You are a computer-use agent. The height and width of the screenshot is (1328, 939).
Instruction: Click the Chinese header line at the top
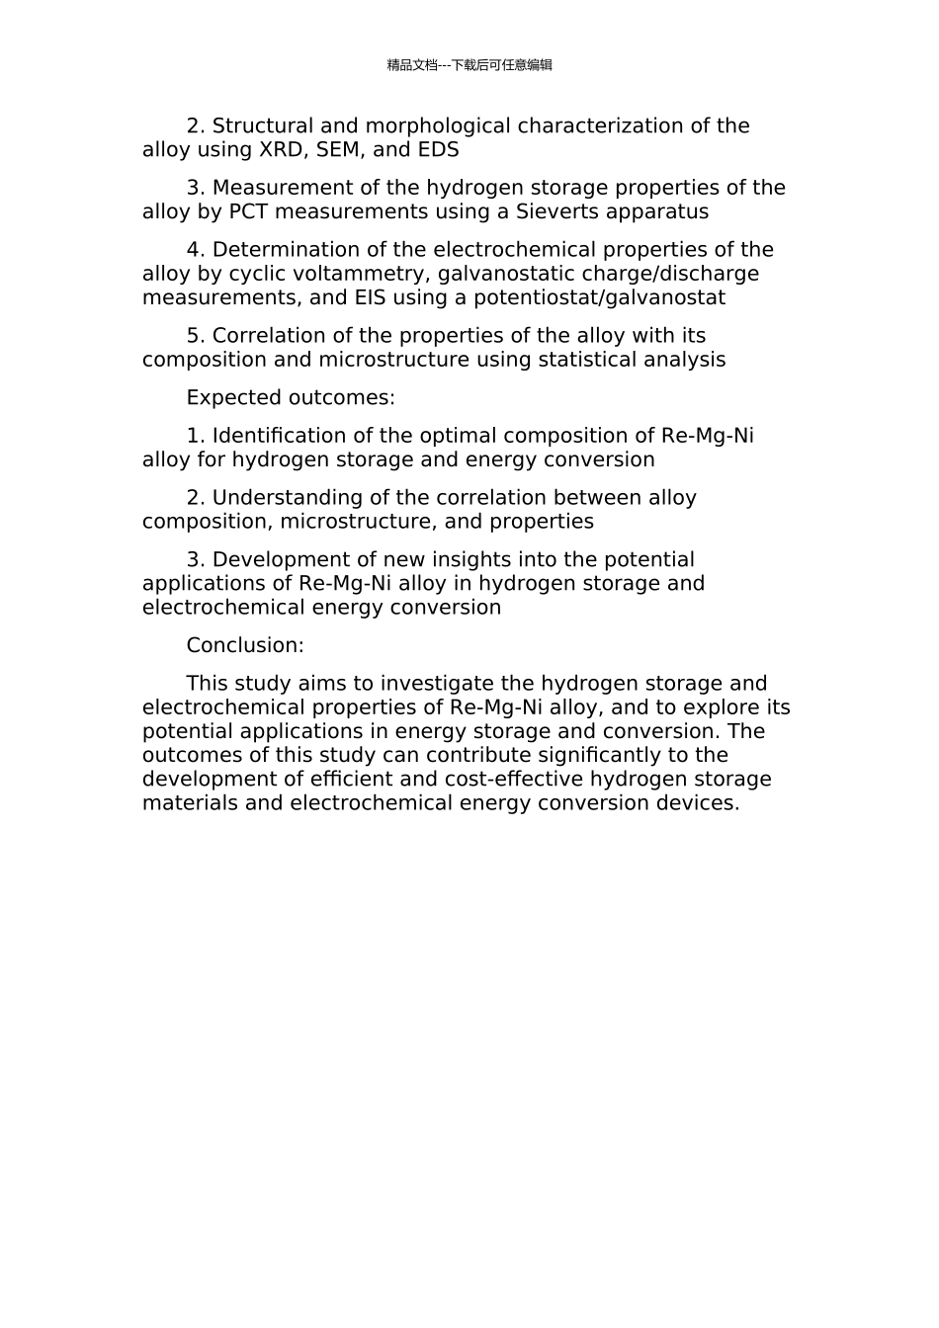coord(469,65)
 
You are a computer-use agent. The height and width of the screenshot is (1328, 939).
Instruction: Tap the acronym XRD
coord(284,150)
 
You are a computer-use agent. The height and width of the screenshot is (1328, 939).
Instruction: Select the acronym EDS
coord(439,150)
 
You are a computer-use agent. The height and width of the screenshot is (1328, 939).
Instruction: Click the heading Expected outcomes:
coord(291,397)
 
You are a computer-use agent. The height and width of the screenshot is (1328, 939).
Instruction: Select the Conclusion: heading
coord(245,645)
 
